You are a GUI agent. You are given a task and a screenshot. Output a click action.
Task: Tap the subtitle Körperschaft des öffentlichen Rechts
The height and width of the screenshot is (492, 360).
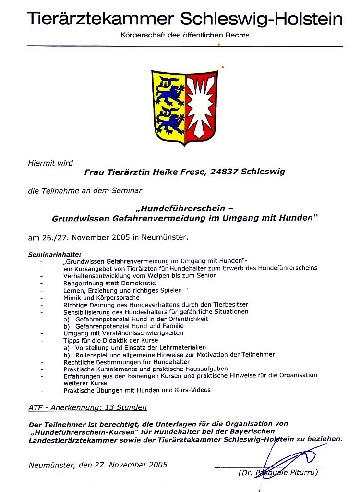tap(185, 35)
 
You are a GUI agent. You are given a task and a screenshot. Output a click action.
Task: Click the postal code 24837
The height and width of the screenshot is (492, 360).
tap(224, 172)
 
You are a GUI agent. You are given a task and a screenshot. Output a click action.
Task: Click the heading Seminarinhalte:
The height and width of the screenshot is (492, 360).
tap(55, 254)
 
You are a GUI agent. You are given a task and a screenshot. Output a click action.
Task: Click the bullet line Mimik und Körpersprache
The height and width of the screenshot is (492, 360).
tap(101, 297)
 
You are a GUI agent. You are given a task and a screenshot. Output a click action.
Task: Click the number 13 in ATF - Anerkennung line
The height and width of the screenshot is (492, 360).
tap(109, 407)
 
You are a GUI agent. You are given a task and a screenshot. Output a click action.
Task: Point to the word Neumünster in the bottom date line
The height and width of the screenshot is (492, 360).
tap(49, 465)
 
